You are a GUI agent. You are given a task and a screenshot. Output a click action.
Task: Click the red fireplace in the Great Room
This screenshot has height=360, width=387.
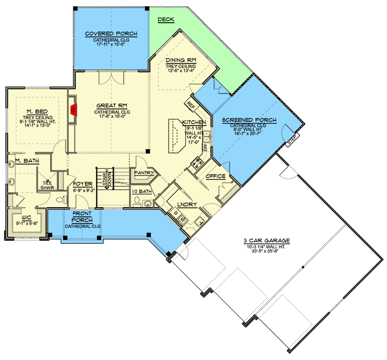(x=74, y=109)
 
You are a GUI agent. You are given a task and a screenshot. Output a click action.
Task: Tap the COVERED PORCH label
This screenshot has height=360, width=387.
(x=111, y=34)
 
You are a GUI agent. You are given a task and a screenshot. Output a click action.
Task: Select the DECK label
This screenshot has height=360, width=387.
(x=166, y=20)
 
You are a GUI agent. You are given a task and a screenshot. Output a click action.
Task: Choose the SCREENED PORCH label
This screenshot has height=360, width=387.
(x=249, y=120)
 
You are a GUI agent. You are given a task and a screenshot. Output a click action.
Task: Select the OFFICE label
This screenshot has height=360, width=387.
(x=216, y=177)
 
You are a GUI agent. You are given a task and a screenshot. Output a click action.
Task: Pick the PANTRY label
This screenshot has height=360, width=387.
(x=142, y=173)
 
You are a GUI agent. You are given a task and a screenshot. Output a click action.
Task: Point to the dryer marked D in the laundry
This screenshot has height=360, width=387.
(x=175, y=214)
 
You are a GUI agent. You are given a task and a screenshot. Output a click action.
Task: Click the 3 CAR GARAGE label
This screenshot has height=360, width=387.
(x=267, y=241)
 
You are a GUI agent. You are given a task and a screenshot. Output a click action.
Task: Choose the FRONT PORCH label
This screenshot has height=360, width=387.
(x=83, y=217)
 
